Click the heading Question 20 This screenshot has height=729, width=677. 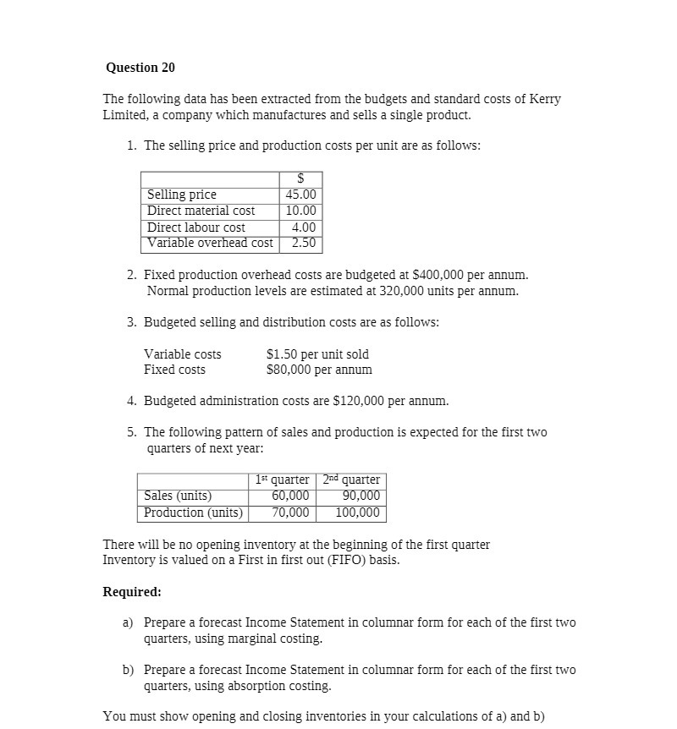[x=140, y=67]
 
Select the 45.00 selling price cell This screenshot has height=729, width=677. [x=301, y=195]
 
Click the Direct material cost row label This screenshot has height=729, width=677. [x=201, y=211]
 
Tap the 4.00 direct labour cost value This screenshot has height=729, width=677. [x=304, y=227]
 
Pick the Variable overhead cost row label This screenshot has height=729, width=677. [x=210, y=243]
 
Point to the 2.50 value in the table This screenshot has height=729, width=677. [x=304, y=243]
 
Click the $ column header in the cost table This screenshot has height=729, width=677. [x=300, y=178]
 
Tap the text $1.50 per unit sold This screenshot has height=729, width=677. [x=317, y=354]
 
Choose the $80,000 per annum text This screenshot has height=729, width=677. [x=319, y=370]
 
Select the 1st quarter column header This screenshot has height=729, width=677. [x=282, y=480]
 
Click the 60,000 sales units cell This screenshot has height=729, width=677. [x=289, y=496]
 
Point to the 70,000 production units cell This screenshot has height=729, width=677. [x=289, y=512]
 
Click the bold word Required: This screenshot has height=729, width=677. [x=132, y=591]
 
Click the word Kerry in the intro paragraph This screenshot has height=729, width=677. [x=545, y=99]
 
